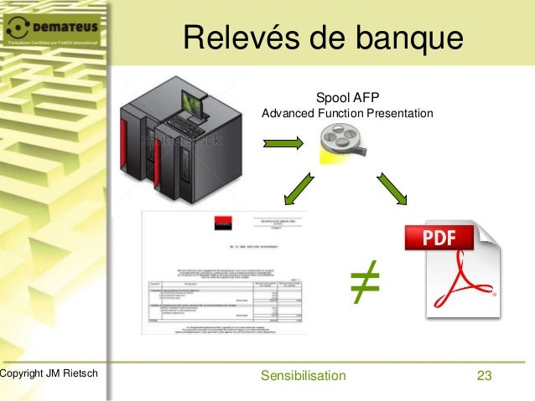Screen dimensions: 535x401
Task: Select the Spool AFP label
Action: click(348, 97)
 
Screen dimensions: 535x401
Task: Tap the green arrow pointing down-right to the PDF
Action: click(391, 188)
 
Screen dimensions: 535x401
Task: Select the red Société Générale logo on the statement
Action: click(221, 222)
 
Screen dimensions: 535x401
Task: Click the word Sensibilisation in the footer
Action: click(303, 375)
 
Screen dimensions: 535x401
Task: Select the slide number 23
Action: click(483, 375)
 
